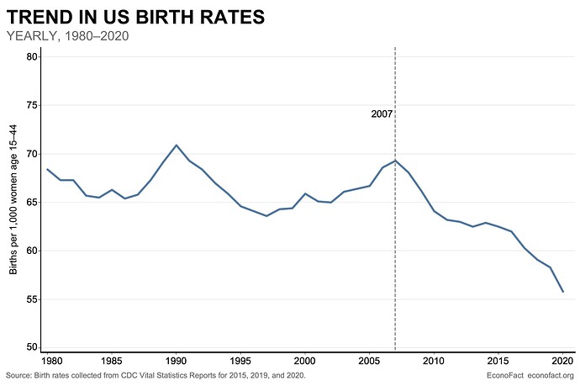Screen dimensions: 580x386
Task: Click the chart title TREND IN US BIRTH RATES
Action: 135,17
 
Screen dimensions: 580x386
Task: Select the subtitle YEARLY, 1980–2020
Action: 68,36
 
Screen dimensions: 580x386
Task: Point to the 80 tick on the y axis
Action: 31,56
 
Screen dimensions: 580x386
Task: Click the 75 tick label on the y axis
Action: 31,105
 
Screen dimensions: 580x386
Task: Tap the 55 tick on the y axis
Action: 31,299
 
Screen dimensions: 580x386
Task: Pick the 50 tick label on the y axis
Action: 31,347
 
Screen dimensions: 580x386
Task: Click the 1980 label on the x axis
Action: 52,361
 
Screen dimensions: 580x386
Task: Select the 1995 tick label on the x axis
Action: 240,361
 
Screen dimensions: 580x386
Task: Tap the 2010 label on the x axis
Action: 434,361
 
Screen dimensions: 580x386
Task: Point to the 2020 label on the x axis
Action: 562,361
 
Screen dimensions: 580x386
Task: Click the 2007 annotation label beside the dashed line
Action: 382,114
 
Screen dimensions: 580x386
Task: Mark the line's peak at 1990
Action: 176,145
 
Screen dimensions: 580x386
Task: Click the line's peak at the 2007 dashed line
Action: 395,161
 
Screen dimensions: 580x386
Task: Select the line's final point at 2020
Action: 562,292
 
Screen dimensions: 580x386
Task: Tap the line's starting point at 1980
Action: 47,169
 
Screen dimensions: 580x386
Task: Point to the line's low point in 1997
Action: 266,216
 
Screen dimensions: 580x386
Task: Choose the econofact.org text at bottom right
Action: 551,375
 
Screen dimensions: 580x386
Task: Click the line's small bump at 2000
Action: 305,193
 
